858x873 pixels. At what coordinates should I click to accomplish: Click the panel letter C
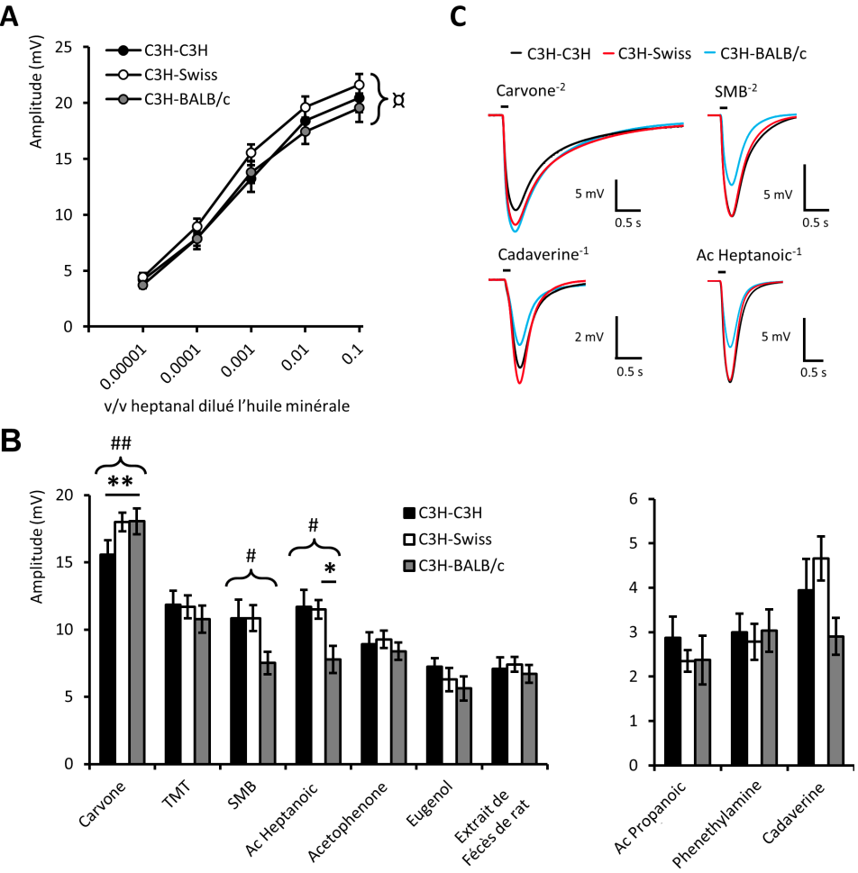tap(457, 16)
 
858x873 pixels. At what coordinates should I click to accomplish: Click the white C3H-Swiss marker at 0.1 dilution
tap(359, 86)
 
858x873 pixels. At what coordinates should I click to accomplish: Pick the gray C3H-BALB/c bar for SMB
tap(267, 713)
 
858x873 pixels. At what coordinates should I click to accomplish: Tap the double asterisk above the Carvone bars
tap(122, 483)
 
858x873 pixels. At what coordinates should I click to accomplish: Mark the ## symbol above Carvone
tap(122, 442)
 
